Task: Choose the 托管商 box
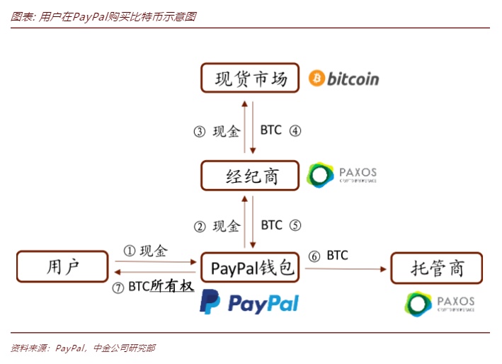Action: [437, 268]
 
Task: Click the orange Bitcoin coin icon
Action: [316, 78]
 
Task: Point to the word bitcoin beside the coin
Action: [353, 79]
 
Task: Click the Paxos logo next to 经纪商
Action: [342, 175]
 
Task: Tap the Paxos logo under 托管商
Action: [440, 302]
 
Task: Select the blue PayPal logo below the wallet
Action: [249, 302]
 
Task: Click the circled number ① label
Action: [129, 251]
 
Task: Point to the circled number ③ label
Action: [200, 131]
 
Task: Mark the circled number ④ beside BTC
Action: [295, 130]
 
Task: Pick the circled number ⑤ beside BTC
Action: [295, 225]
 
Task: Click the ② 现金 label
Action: [218, 226]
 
